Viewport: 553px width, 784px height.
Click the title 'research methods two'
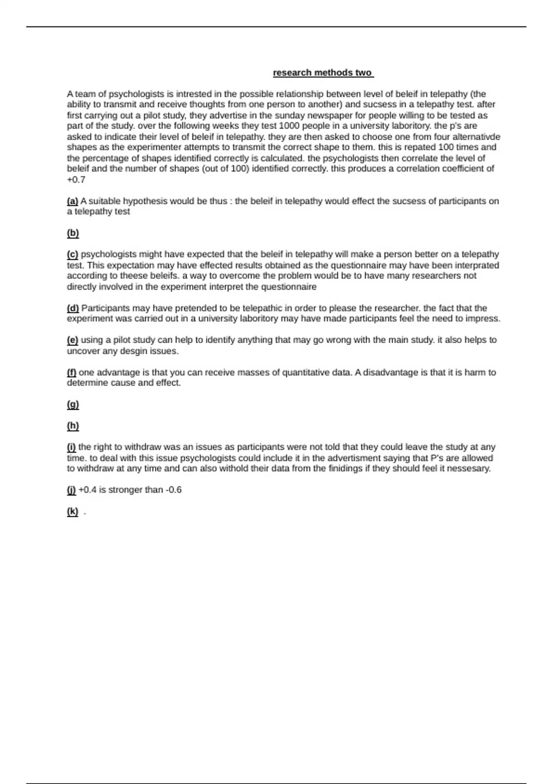coord(323,73)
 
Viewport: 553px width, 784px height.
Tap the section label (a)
coord(72,201)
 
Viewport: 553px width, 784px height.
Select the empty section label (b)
coord(73,233)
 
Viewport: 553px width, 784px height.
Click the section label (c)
coord(72,254)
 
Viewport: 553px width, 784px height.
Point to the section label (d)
coord(73,308)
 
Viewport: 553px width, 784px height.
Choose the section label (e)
coord(72,340)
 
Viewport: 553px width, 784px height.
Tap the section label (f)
coord(71,372)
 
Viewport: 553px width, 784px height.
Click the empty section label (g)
coord(73,404)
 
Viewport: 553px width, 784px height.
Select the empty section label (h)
coord(73,426)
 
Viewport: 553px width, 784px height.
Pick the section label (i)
coord(71,447)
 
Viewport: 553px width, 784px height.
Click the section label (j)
coord(71,490)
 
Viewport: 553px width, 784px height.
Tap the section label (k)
coord(72,511)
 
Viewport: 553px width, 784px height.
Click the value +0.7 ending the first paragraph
coord(76,180)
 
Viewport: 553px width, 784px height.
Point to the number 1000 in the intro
coord(289,126)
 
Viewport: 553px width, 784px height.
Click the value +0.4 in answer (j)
coord(88,490)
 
